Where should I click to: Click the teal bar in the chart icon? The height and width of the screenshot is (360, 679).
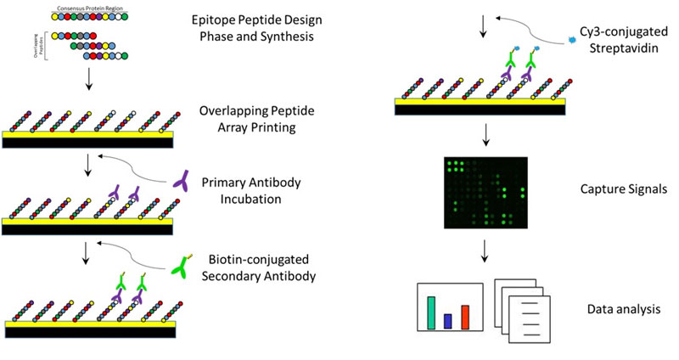pos(431,312)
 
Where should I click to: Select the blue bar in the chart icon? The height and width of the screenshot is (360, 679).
pos(447,320)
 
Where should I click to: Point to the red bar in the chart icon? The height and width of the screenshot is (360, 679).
pos(464,317)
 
